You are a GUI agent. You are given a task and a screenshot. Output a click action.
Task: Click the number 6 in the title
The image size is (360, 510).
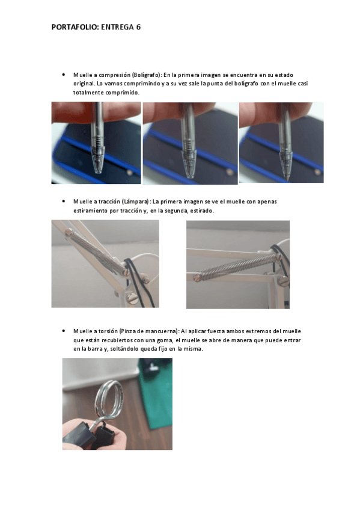(138, 27)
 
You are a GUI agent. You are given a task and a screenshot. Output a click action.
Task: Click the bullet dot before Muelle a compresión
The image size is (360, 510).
(63, 75)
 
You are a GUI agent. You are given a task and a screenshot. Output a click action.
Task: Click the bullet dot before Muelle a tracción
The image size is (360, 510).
(63, 201)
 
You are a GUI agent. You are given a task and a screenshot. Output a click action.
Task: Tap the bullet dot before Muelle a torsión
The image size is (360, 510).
(63, 331)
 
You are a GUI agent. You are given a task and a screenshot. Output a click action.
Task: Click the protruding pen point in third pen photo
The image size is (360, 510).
(287, 178)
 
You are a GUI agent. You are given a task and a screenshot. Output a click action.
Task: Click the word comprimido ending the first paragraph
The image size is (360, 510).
(123, 93)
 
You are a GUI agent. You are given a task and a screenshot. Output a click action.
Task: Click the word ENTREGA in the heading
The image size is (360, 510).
(117, 27)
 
